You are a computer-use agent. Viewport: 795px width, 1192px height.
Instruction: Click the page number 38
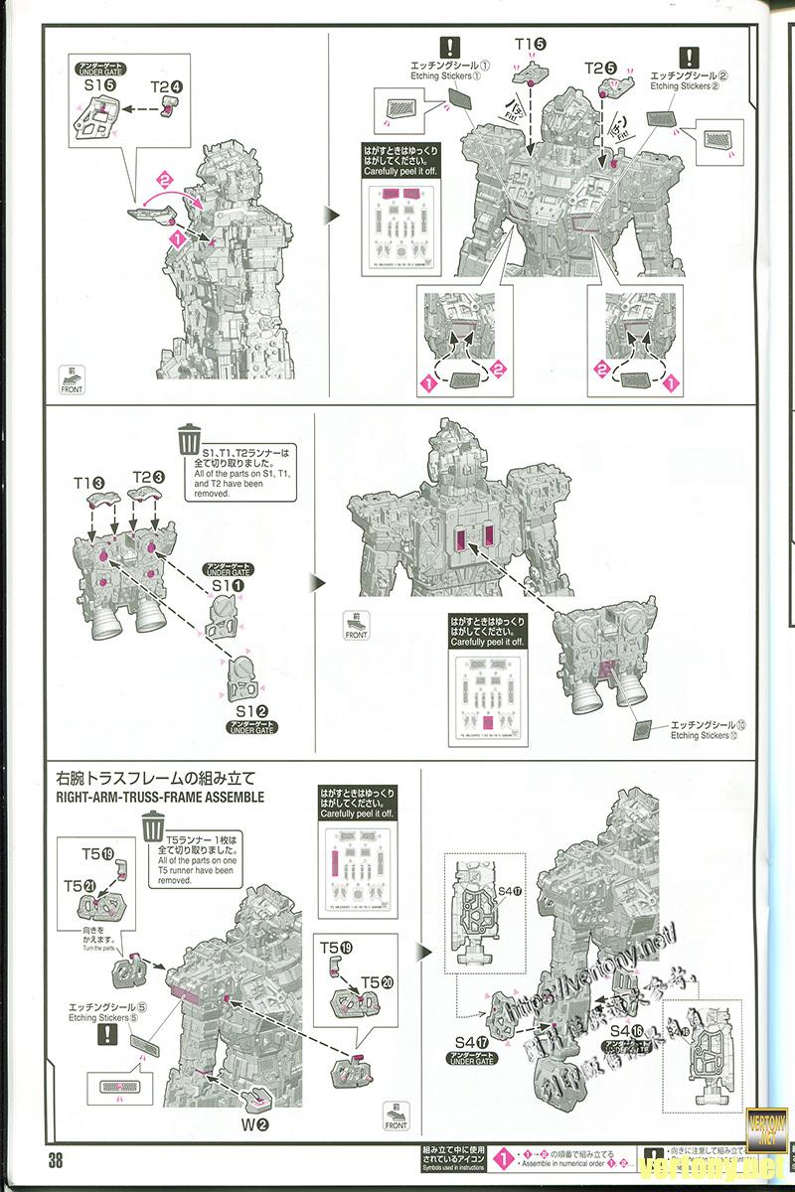pyautogui.click(x=53, y=1161)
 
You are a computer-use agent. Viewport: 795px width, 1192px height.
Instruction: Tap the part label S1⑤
pyautogui.click(x=95, y=86)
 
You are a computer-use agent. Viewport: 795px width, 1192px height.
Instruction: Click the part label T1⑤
pyautogui.click(x=531, y=46)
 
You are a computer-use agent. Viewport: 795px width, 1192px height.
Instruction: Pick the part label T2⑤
pyautogui.click(x=600, y=68)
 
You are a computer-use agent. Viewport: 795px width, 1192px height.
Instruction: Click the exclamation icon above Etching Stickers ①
pyautogui.click(x=450, y=47)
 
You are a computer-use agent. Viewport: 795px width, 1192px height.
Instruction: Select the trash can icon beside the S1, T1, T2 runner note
pyautogui.click(x=188, y=438)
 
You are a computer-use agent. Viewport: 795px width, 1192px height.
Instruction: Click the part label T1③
pyautogui.click(x=89, y=481)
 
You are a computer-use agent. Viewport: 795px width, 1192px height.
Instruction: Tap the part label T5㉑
pyautogui.click(x=81, y=885)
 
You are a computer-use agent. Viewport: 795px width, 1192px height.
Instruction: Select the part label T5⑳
pyautogui.click(x=374, y=982)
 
